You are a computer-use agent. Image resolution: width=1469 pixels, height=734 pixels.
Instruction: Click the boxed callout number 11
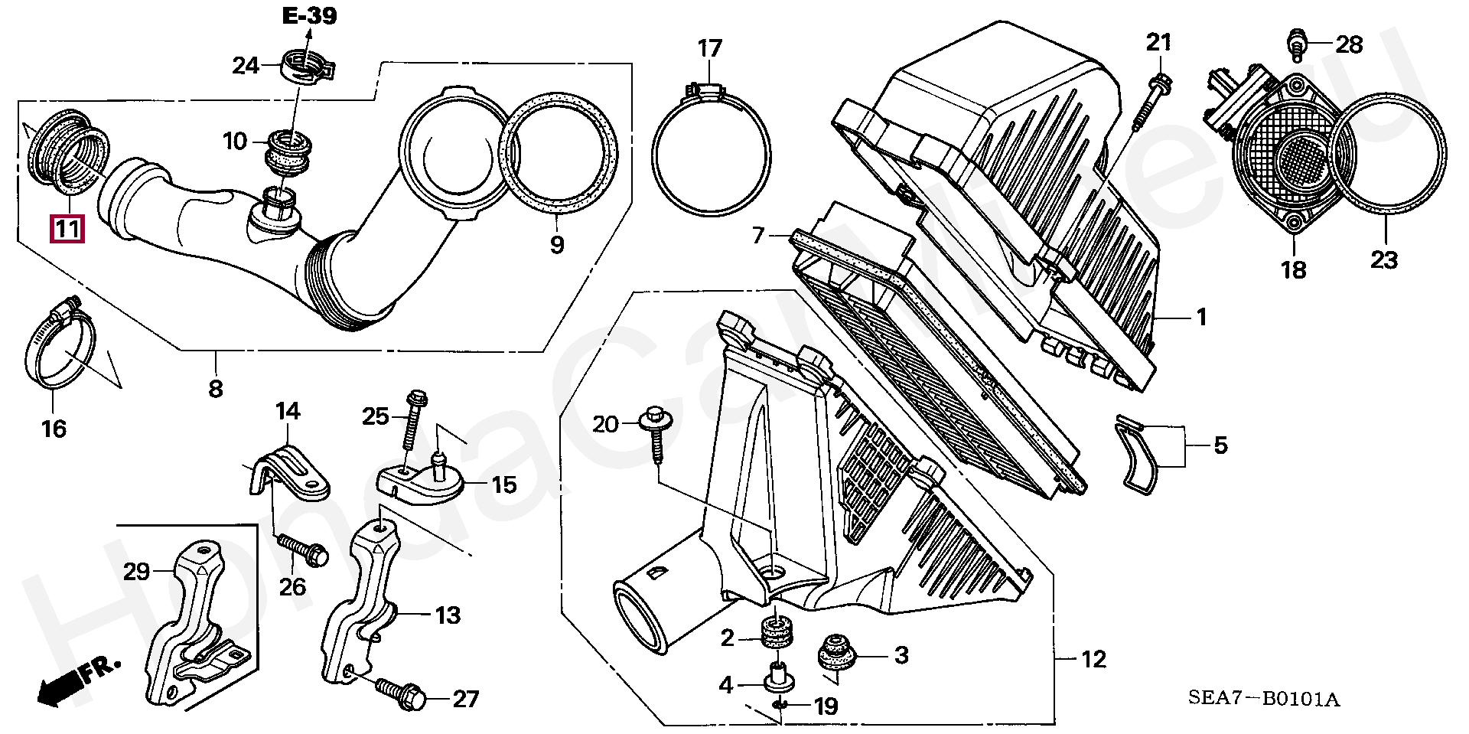click(x=67, y=229)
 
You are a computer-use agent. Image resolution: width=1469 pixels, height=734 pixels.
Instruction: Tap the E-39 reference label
click(x=309, y=15)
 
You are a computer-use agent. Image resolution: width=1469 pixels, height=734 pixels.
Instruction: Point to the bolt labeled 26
click(x=303, y=549)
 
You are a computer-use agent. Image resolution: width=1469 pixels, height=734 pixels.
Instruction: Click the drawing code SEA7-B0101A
click(x=1263, y=698)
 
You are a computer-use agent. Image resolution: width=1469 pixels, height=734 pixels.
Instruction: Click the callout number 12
click(x=1093, y=659)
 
